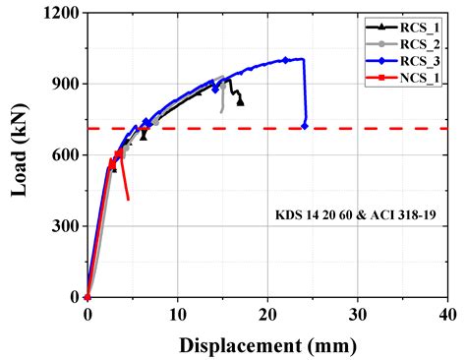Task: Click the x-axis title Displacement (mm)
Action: pyautogui.click(x=266, y=346)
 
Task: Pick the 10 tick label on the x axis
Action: pyautogui.click(x=177, y=315)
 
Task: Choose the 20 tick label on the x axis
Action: pyautogui.click(x=267, y=315)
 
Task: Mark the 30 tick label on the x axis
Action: pyautogui.click(x=357, y=315)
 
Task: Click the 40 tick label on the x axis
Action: pyautogui.click(x=446, y=315)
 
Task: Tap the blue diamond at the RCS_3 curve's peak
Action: pyautogui.click(x=285, y=60)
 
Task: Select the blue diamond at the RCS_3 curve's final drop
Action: pyautogui.click(x=304, y=126)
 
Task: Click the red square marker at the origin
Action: pyautogui.click(x=87, y=296)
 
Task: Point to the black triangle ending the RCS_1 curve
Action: pyautogui.click(x=241, y=102)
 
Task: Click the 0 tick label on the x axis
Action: pyautogui.click(x=87, y=315)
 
